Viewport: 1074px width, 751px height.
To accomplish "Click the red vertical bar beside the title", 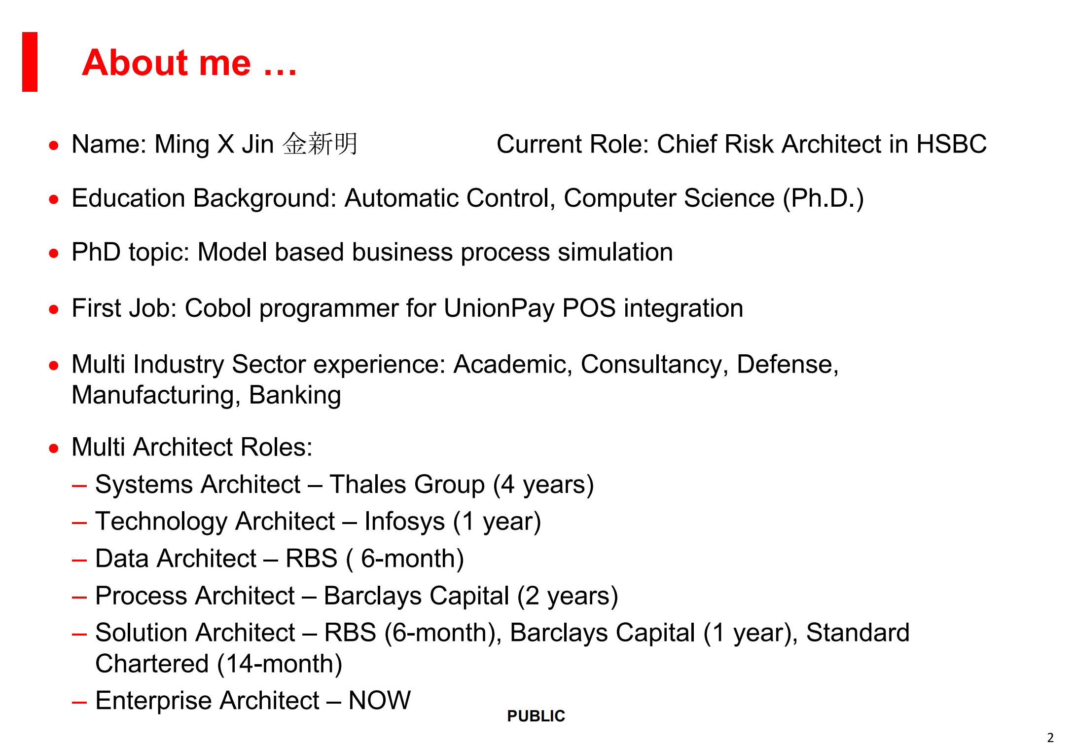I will tap(30, 62).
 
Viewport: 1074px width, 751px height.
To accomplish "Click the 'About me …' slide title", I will tap(189, 63).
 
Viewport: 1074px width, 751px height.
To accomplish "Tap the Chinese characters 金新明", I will tap(320, 144).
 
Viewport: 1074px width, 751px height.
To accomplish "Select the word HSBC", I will tap(951, 144).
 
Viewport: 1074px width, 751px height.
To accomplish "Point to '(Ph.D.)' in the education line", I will tap(823, 198).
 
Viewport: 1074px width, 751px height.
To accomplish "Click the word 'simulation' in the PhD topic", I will tap(615, 252).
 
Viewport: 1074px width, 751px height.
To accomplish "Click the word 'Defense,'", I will tap(788, 365).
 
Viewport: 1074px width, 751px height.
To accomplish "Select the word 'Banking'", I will tap(295, 395).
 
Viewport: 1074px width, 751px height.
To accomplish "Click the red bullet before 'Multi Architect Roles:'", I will tap(54, 448).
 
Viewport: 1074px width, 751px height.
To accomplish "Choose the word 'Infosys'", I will tap(404, 522).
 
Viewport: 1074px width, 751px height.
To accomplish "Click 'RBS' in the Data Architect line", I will tap(311, 559).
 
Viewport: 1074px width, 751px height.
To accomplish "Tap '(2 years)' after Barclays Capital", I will tap(567, 596).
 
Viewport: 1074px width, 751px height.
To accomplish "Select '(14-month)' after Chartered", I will tap(280, 664).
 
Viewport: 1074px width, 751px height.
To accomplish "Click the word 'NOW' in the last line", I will tap(379, 701).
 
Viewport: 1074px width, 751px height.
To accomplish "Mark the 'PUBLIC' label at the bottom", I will tap(536, 716).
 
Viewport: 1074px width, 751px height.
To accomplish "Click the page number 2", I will tap(1050, 738).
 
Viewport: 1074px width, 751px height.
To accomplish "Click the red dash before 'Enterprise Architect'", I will tap(79, 702).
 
